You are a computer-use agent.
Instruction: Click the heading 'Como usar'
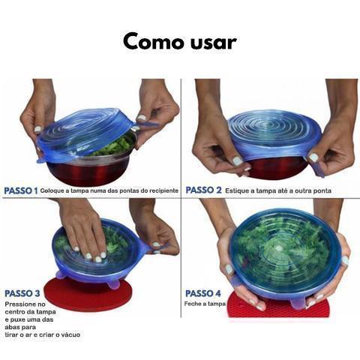[x=180, y=42]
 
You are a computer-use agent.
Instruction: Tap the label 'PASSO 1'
[x=21, y=190]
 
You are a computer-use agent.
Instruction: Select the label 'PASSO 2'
[x=203, y=190]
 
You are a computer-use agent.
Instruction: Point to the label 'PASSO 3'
[x=22, y=293]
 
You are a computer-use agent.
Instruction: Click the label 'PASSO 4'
[x=203, y=293]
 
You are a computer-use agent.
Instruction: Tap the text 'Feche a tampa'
[x=205, y=304]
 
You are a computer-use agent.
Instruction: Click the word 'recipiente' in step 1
[x=163, y=190]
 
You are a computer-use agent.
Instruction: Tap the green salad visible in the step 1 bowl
[x=113, y=147]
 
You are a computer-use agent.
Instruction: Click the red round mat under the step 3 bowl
[x=88, y=295]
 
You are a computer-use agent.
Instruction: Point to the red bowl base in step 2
[x=275, y=168]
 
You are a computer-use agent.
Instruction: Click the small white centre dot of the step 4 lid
[x=279, y=248]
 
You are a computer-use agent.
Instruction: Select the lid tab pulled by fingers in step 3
[x=152, y=247]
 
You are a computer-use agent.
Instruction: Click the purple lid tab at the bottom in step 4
[x=298, y=303]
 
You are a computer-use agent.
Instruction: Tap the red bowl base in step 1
[x=88, y=172]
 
